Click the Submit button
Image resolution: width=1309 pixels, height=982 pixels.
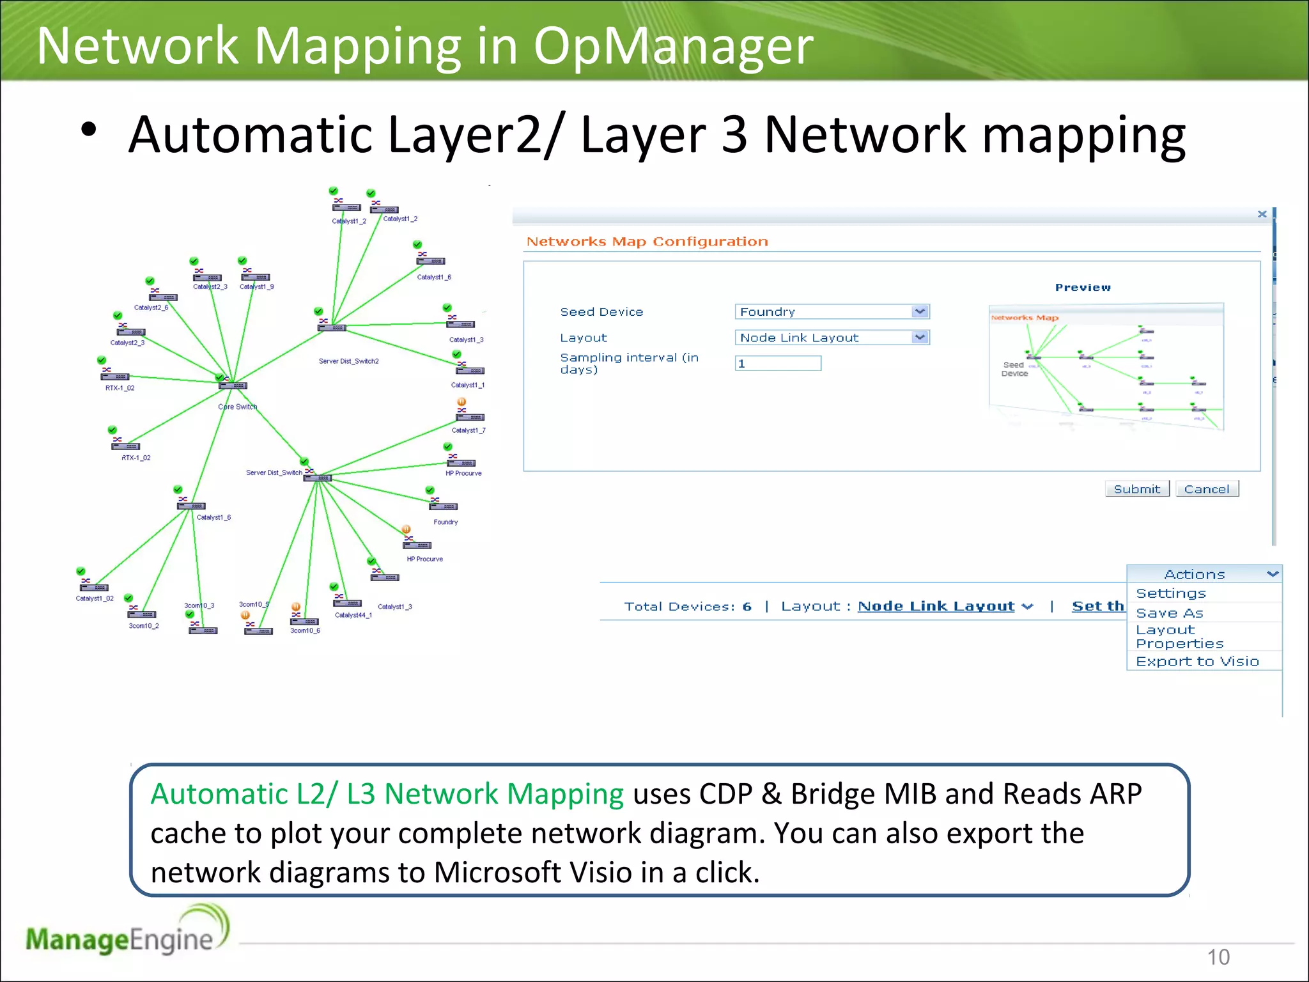point(1136,489)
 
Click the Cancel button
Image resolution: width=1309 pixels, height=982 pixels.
point(1206,489)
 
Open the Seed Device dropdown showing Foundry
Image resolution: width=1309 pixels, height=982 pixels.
point(832,312)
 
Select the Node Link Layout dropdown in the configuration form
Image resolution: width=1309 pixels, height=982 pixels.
point(832,338)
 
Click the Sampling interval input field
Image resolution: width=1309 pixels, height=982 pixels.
point(778,364)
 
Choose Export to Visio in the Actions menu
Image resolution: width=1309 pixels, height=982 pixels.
point(1197,662)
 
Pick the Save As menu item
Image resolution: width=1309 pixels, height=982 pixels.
point(1170,613)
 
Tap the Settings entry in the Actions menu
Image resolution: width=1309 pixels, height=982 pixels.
point(1171,593)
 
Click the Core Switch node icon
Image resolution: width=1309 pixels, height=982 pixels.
point(232,386)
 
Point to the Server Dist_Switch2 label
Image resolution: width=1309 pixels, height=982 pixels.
point(348,361)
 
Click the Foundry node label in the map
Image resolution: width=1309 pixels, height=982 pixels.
point(445,522)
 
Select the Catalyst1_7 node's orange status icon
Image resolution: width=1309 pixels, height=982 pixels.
point(461,402)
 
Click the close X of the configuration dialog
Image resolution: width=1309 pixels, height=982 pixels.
point(1262,214)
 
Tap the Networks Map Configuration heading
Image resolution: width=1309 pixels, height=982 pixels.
point(647,242)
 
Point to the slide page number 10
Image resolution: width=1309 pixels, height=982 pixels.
point(1218,957)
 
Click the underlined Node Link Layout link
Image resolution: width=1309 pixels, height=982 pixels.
point(936,606)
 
